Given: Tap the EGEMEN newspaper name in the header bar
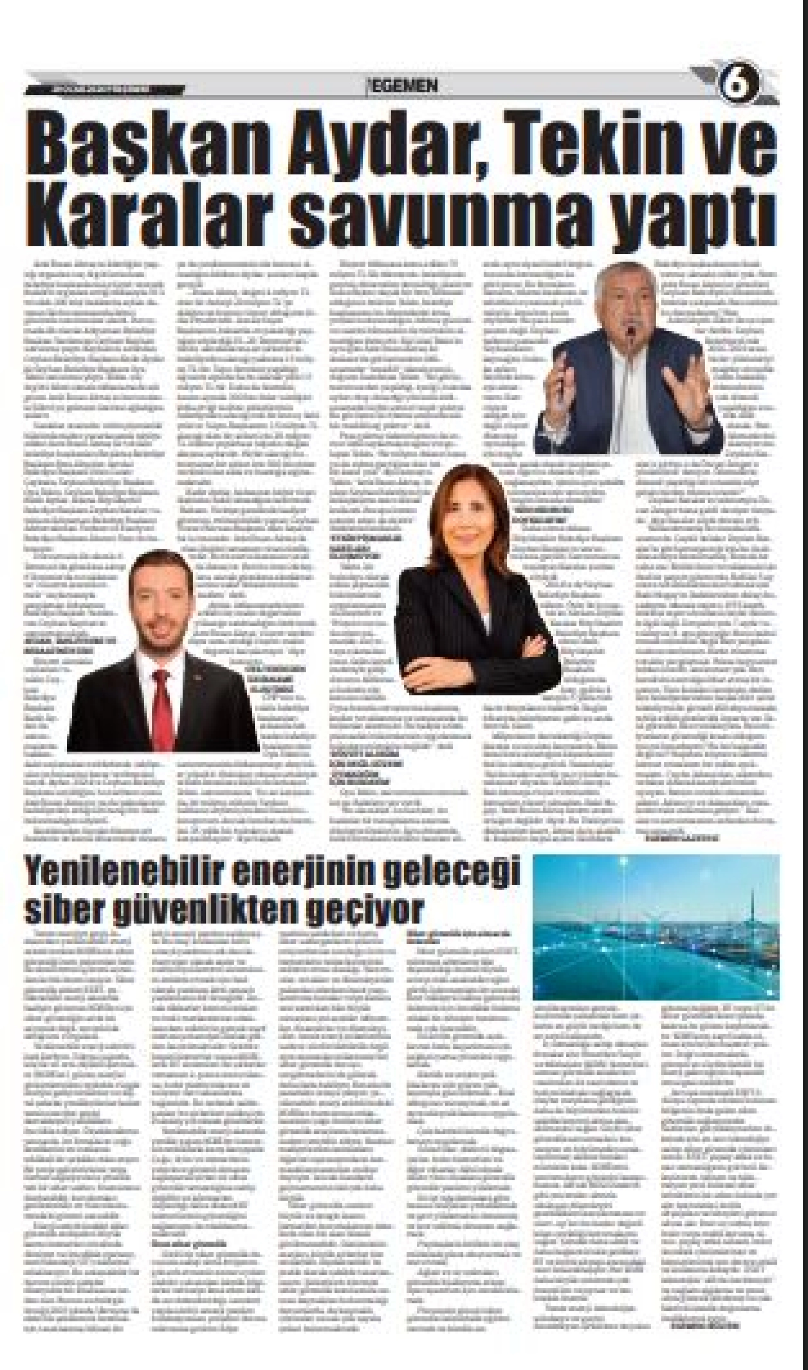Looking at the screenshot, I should pos(403,86).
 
